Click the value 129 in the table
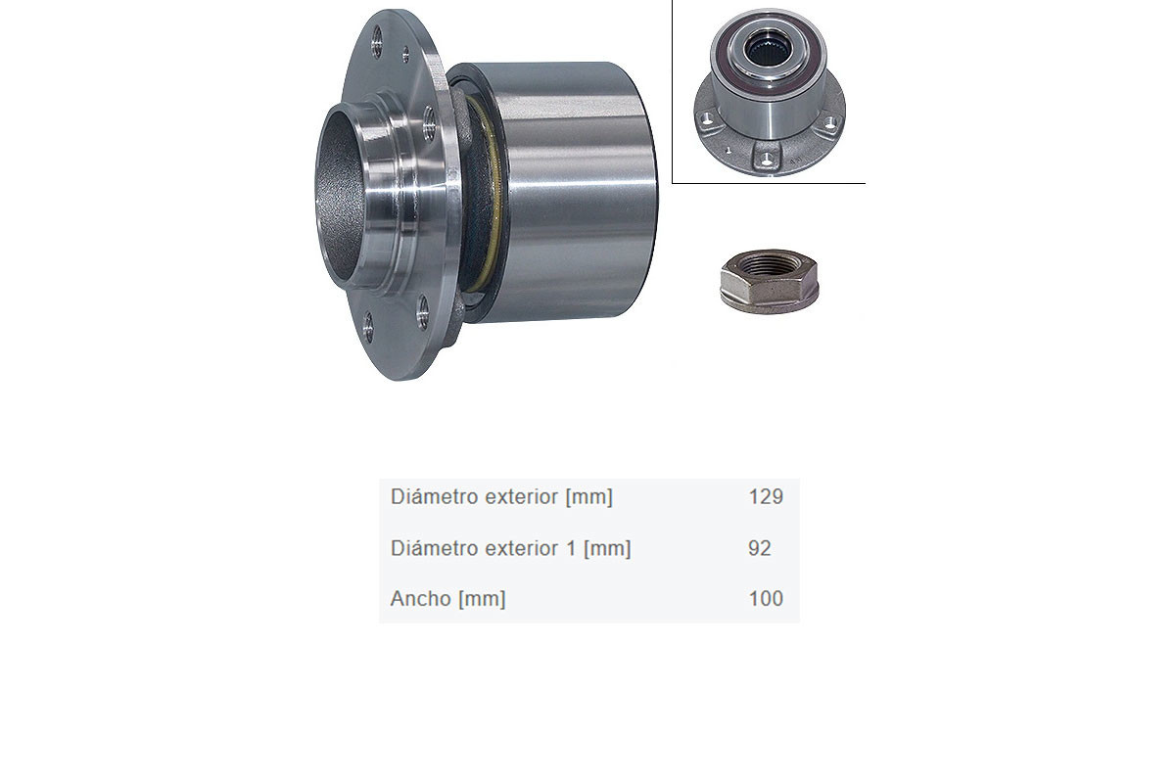pos(766,496)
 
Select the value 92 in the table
pos(760,548)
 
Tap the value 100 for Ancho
pos(766,598)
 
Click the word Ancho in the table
pos(421,598)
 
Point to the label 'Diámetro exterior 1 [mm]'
pos(510,548)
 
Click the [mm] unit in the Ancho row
pos(482,599)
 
